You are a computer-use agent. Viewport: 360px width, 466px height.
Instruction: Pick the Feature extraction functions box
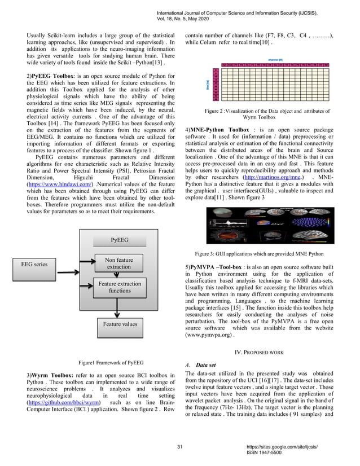pyautogui.click(x=119, y=287)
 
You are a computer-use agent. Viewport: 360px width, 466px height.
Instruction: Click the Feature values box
pyautogui.click(x=119, y=324)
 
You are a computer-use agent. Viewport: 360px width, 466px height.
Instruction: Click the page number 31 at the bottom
pyautogui.click(x=180, y=446)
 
